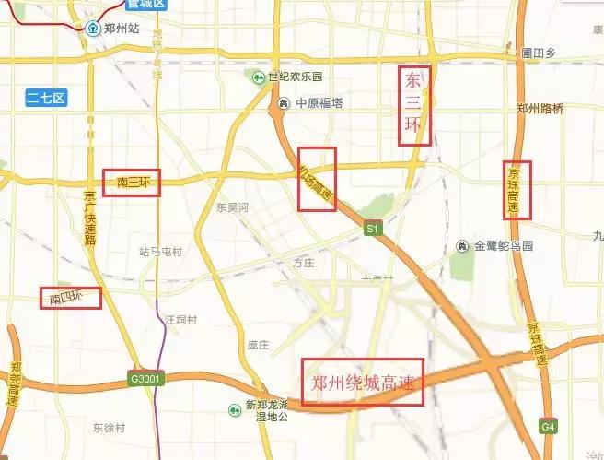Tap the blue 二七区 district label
point(46,95)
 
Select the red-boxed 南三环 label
point(132,183)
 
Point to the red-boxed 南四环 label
point(68,298)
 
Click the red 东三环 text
point(413,105)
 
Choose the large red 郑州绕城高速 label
point(366,382)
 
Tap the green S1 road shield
point(372,228)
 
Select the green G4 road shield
point(549,427)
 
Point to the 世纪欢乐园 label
point(296,76)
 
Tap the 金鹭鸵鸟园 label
point(503,246)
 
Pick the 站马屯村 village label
point(160,251)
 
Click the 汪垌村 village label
point(181,319)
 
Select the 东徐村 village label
point(110,427)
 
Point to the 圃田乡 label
point(539,53)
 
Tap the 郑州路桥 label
point(540,108)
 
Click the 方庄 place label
point(304,263)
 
